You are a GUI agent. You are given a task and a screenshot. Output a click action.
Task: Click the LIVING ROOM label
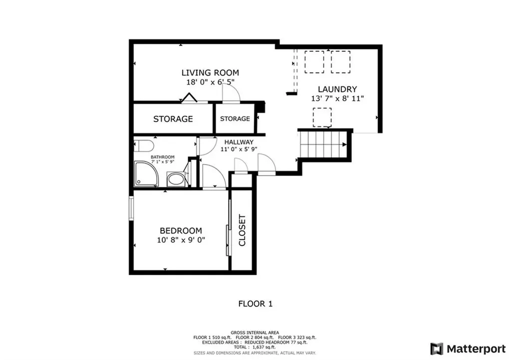click(210, 73)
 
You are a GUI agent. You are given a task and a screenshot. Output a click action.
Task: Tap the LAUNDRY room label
click(337, 89)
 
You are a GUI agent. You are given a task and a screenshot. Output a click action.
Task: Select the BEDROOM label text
click(181, 231)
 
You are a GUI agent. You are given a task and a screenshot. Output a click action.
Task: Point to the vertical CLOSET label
click(242, 230)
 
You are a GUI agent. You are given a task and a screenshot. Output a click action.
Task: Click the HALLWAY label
click(239, 142)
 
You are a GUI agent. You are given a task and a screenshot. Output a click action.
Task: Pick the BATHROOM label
click(163, 157)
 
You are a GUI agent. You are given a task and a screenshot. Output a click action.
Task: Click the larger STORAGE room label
click(173, 119)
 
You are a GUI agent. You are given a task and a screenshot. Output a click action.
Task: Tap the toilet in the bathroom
click(144, 146)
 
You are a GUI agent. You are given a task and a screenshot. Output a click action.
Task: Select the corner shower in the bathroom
click(146, 174)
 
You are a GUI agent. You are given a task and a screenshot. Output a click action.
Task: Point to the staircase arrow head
click(344, 145)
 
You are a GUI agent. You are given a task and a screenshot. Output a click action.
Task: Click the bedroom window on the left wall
click(131, 208)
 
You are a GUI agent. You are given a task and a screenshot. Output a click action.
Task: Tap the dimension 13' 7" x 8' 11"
click(337, 99)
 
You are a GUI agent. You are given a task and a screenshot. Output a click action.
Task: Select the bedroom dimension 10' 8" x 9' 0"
click(181, 240)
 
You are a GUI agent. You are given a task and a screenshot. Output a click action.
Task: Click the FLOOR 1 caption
click(255, 304)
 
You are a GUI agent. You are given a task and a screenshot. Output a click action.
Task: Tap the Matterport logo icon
click(437, 349)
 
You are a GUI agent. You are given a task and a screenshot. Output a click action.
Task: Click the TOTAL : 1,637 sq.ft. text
click(255, 348)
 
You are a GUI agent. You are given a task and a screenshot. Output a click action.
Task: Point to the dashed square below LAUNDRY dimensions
click(322, 118)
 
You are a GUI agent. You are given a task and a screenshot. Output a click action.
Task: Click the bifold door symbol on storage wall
click(189, 98)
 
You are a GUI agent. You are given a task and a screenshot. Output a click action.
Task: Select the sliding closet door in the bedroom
click(229, 227)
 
